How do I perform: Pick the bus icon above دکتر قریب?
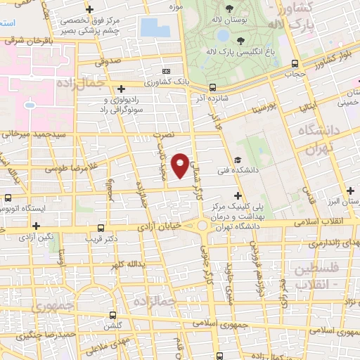tap(101, 228)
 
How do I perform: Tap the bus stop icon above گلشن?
tap(113, 316)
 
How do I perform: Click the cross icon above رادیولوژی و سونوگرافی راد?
tap(122, 89)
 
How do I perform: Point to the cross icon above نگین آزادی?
tap(35, 226)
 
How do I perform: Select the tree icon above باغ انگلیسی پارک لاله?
tap(240, 40)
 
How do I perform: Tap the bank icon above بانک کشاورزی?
tap(166, 71)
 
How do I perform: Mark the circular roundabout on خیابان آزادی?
tap(202, 226)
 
